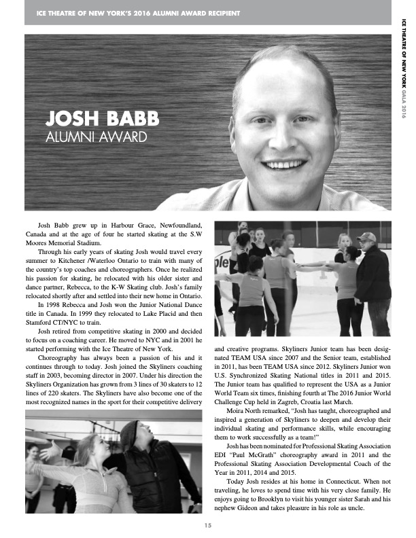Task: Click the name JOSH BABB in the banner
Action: [101, 119]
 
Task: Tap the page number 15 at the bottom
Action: [208, 524]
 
